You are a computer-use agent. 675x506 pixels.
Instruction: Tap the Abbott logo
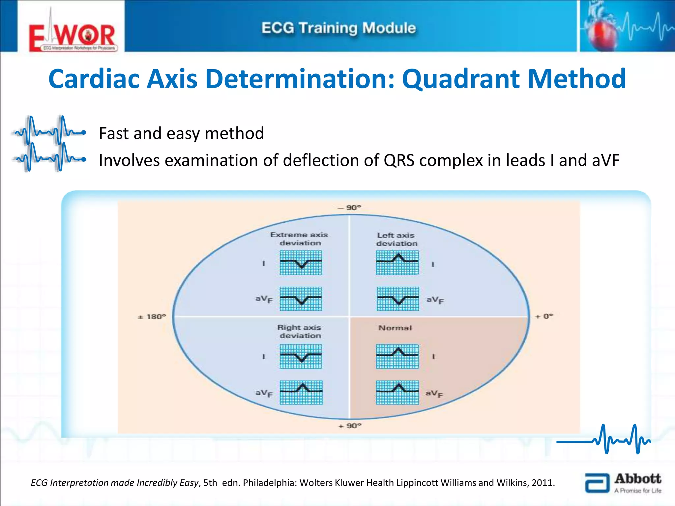pos(623,483)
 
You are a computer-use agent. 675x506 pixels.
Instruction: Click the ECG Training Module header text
pos(338,28)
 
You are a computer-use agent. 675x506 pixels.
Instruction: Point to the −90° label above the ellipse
pos(350,208)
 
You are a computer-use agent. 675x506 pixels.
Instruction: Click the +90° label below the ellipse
pos(350,426)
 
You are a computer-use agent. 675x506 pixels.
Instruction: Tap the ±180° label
pos(152,317)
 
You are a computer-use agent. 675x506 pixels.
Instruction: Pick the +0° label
pos(544,316)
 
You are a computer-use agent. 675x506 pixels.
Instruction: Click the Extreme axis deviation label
pos(299,239)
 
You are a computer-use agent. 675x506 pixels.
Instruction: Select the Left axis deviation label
pos(396,239)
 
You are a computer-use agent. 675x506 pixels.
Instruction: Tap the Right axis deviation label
pos(299,331)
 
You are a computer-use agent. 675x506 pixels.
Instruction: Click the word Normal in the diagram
pos(395,328)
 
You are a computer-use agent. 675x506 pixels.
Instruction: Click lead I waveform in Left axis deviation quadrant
pos(397,263)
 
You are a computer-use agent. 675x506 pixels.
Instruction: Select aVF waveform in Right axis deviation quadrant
pos(301,392)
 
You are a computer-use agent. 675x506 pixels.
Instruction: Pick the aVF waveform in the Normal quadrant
pos(397,392)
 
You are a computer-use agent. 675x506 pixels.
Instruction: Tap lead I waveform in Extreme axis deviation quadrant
pos(301,263)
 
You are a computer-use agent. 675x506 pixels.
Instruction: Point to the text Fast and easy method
pos(181,133)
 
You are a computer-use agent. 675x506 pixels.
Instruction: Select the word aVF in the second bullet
pos(605,160)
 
